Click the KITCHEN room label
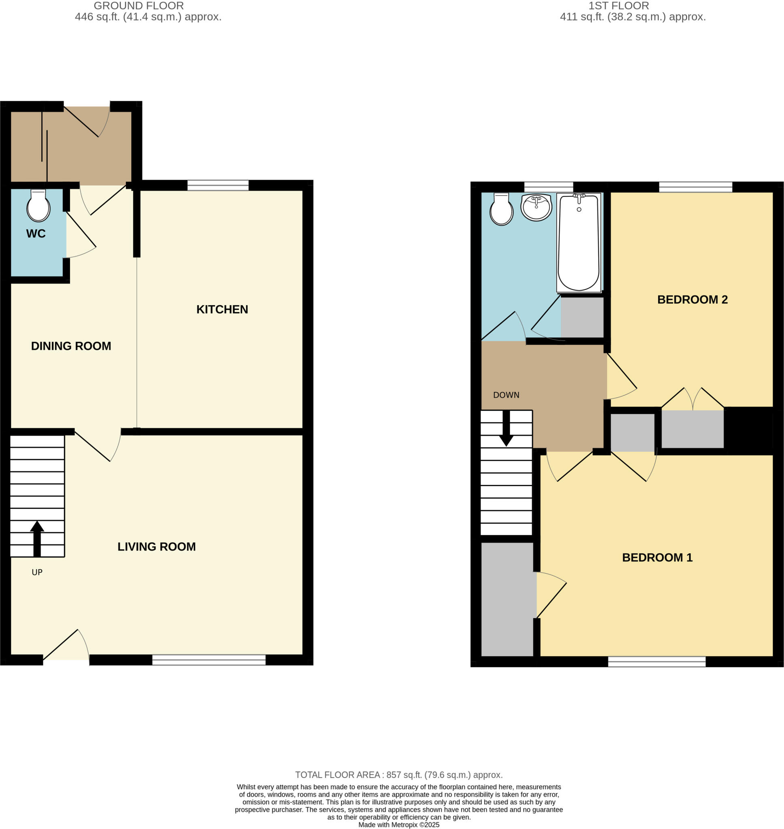[222, 310]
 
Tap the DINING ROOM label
[71, 346]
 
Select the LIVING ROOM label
[156, 547]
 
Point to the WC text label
[36, 234]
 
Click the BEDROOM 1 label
[657, 557]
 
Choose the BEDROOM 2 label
[692, 300]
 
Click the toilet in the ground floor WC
[38, 206]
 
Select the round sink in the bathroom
[536, 207]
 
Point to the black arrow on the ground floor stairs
[37, 538]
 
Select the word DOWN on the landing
[506, 395]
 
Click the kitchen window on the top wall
[218, 185]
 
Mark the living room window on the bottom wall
[209, 660]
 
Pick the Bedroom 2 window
[695, 187]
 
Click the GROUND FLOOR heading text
[138, 6]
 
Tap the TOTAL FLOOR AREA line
[399, 775]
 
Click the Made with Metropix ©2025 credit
[399, 825]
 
